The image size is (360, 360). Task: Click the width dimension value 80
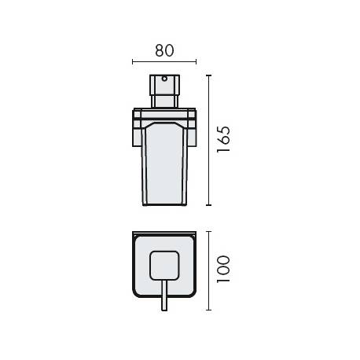163,50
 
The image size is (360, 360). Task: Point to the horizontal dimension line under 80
163,62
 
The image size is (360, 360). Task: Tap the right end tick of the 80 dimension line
196,62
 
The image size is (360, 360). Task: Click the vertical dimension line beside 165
209,140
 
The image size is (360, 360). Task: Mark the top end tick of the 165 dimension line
209,75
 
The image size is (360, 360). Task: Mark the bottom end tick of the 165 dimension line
209,205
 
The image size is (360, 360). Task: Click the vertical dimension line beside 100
209,270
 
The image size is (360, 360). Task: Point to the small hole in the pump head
163,80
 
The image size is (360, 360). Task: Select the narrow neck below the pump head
163,101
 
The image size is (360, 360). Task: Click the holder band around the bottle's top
163,118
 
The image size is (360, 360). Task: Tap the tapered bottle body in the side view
163,165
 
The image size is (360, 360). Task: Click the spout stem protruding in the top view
163,300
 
